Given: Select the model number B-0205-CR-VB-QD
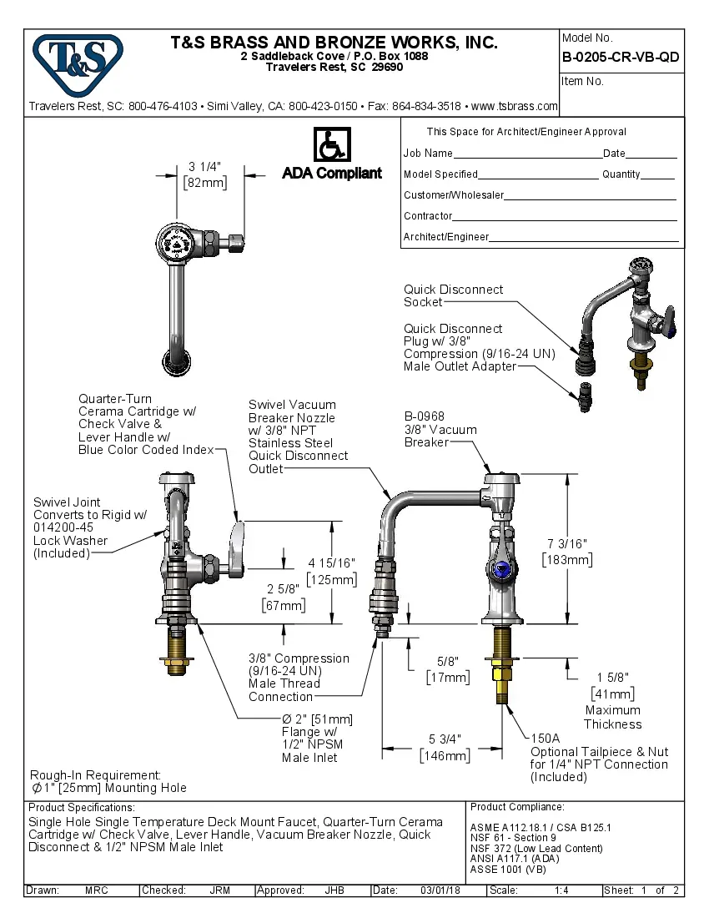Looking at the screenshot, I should coord(621,58).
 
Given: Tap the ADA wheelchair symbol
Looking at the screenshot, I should coord(331,144).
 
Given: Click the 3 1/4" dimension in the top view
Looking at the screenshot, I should coord(204,166).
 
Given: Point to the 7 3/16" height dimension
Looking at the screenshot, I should coord(567,543).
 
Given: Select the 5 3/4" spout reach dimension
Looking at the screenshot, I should coord(444,739).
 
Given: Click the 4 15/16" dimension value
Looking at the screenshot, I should coord(332,563).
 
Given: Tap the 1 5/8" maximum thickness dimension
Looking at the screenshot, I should coord(612,677).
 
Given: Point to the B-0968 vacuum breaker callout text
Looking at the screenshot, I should coord(425,416).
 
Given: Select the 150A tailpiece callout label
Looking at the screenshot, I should coord(546,739).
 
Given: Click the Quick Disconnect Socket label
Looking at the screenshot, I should coord(453,295).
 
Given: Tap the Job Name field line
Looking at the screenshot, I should coord(527,154).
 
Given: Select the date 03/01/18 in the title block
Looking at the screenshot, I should coord(442,890).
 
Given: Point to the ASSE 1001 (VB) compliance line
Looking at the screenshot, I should coord(509,869).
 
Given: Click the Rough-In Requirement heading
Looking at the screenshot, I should coord(95,775).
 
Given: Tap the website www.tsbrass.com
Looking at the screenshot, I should coord(514,107).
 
